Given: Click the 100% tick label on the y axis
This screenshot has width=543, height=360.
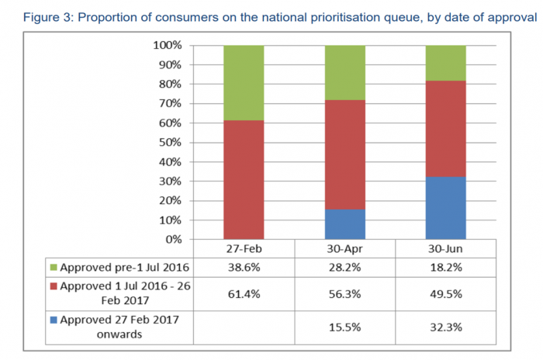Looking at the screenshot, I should pyautogui.click(x=165, y=46).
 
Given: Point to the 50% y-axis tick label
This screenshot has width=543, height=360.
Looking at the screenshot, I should pyautogui.click(x=168, y=143).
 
